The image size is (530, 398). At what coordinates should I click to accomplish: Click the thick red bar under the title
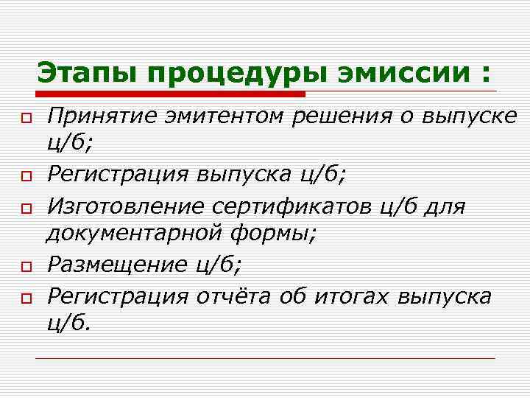coord(169,94)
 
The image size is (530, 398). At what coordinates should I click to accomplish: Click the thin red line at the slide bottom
coord(265,358)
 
